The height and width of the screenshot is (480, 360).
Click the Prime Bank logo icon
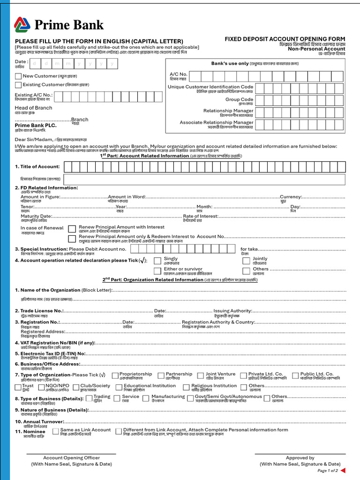(x=22, y=24)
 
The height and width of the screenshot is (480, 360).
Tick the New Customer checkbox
(x=18, y=76)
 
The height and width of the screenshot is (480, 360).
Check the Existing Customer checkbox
(x=18, y=85)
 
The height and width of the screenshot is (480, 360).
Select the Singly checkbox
(x=157, y=260)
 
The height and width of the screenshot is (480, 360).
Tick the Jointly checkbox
(x=246, y=260)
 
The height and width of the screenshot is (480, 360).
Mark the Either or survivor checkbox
(x=157, y=270)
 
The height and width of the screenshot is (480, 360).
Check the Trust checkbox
(x=18, y=387)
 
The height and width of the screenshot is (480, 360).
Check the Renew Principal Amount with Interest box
(x=72, y=228)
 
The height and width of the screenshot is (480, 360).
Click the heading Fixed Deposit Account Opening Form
(x=285, y=39)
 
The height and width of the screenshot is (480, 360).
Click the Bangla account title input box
(x=204, y=179)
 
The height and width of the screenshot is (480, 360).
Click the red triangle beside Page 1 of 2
(x=343, y=470)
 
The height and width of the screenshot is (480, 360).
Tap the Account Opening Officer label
(x=71, y=458)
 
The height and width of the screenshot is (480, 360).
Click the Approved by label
(x=300, y=458)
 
